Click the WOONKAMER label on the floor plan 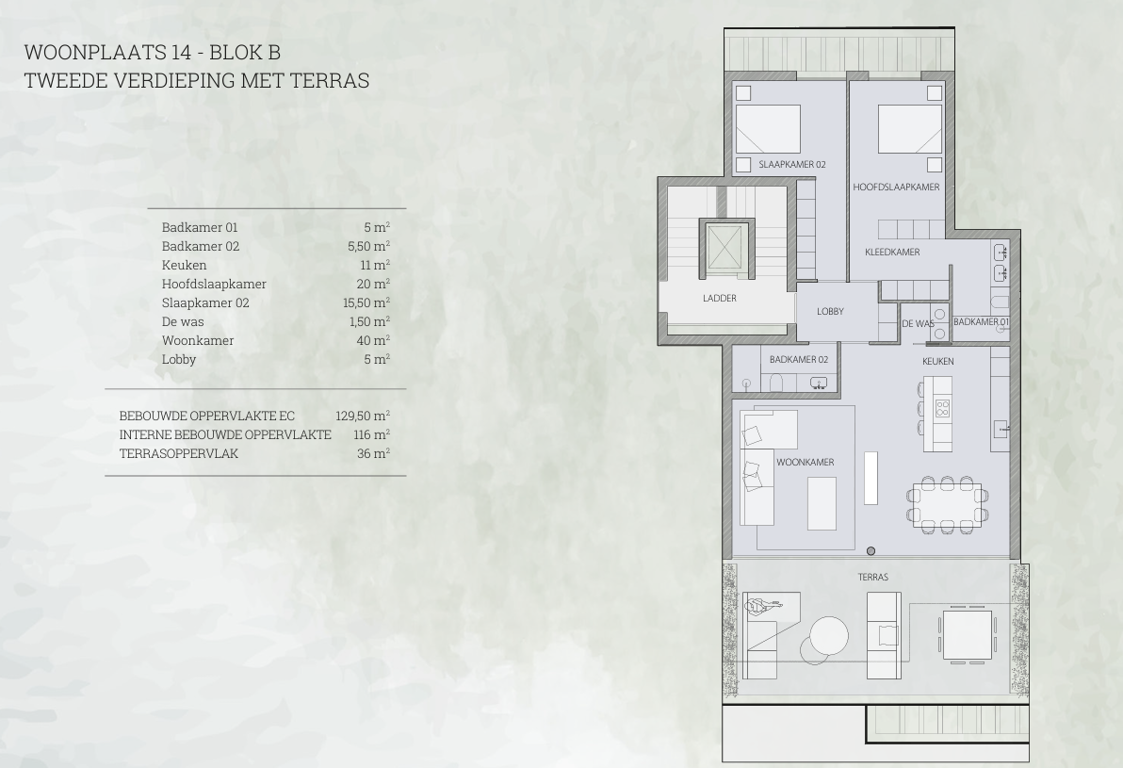(x=805, y=462)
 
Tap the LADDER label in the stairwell (x=719, y=298)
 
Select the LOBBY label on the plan (x=830, y=311)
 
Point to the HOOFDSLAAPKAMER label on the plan (x=896, y=187)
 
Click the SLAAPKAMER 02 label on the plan (x=792, y=164)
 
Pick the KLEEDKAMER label (x=892, y=253)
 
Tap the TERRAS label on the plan (x=872, y=577)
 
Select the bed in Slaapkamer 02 (x=769, y=129)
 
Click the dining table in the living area (x=946, y=505)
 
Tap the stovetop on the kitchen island (x=942, y=408)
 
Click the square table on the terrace (x=967, y=635)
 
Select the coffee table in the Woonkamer (x=822, y=503)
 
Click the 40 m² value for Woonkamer (x=373, y=340)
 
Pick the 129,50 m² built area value (x=363, y=416)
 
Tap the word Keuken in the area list (x=184, y=265)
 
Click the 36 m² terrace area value (x=373, y=452)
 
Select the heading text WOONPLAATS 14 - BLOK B (x=153, y=52)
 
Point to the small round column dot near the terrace (x=871, y=551)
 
